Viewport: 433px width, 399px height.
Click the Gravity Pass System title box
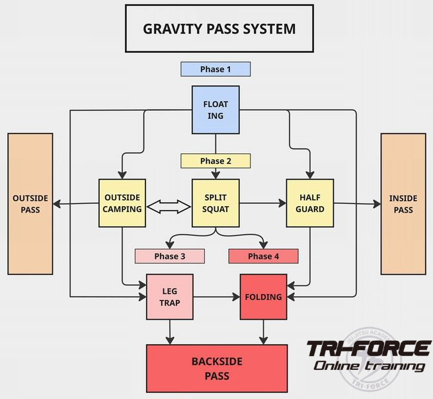tap(219, 29)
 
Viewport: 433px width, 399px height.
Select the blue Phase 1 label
tap(216, 69)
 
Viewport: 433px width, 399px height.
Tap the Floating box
tap(216, 110)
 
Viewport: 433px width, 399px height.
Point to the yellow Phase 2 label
tap(216, 161)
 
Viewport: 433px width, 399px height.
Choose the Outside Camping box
tap(122, 203)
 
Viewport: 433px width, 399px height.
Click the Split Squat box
tap(216, 203)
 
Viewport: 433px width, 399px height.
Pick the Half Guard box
tap(309, 203)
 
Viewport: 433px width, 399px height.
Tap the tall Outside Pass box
tap(30, 203)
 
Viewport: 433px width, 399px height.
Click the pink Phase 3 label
tap(169, 256)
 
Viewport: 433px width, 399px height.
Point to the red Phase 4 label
tap(263, 256)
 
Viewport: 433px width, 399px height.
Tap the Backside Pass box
tap(216, 369)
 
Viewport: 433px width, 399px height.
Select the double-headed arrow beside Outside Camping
tap(169, 207)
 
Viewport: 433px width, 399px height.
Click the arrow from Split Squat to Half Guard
tap(262, 203)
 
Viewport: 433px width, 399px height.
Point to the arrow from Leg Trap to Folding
tap(216, 297)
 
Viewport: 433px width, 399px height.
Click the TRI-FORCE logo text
tap(368, 349)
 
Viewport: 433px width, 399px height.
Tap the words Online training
tap(369, 366)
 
